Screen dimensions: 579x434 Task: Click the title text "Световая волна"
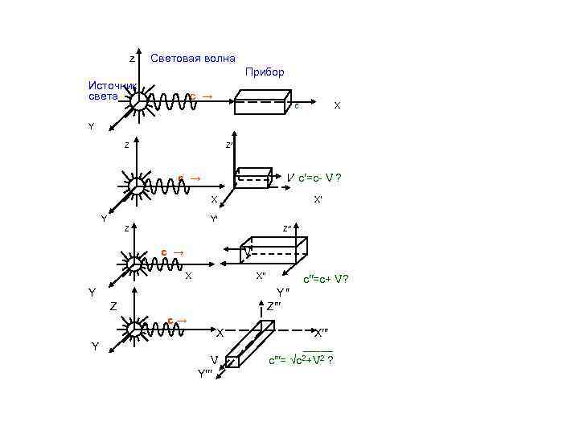tap(193, 58)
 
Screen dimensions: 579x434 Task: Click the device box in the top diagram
tap(261, 102)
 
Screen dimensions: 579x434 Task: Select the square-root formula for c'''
tap(301, 358)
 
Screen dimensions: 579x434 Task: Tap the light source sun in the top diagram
tap(139, 101)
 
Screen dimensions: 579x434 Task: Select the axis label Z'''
tap(274, 305)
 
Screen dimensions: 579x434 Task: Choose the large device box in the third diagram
tap(275, 251)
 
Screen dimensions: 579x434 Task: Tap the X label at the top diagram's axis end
tap(337, 105)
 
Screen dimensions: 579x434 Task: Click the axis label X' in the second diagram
tap(318, 199)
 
